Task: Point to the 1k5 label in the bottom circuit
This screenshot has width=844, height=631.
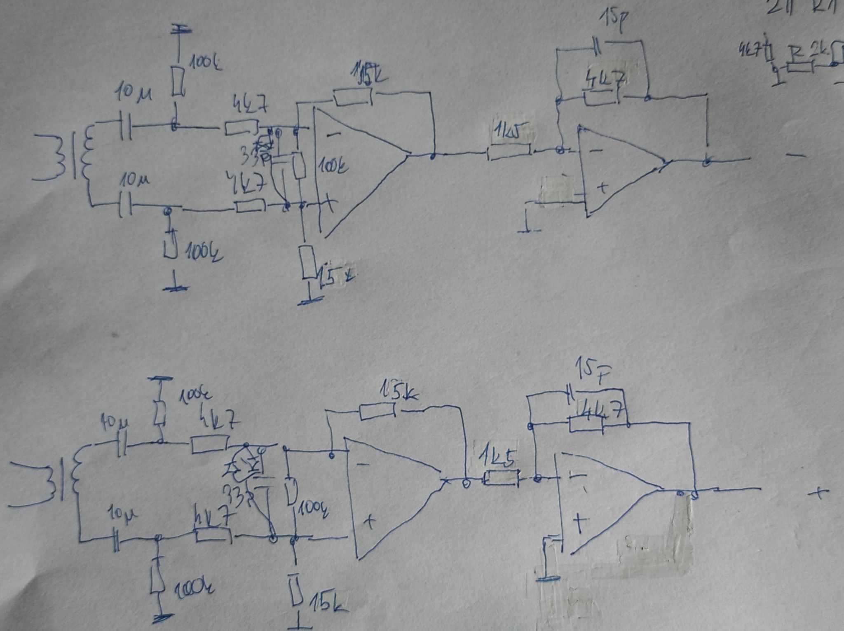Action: click(497, 461)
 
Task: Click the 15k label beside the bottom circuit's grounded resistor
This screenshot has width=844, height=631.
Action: click(328, 604)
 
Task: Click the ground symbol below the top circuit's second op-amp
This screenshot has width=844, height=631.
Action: click(529, 229)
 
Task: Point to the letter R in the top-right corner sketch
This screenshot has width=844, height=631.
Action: click(797, 53)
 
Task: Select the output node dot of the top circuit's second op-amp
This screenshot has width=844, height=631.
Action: click(707, 161)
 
